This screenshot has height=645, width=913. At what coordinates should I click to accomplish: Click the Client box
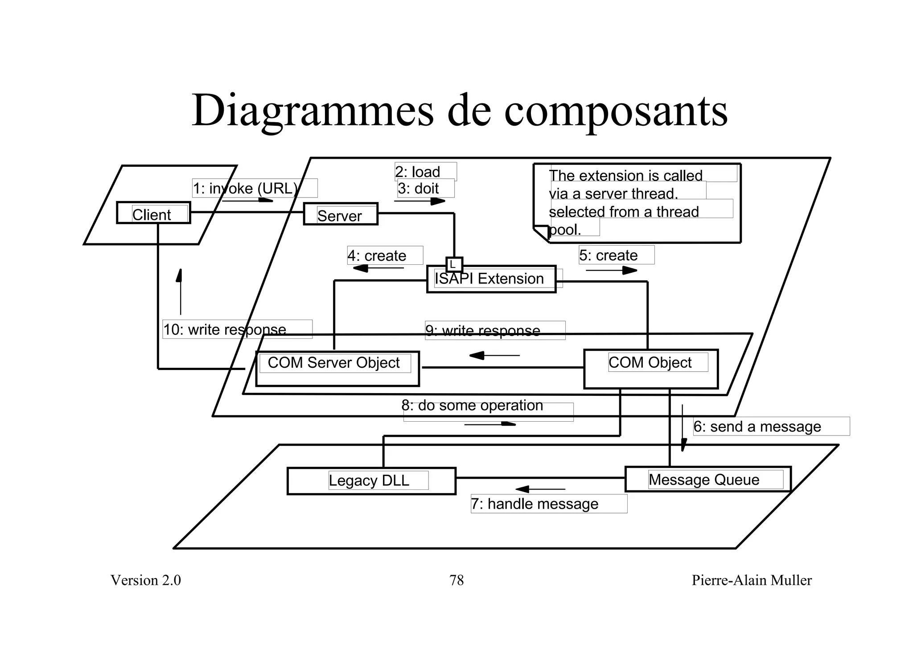tap(153, 213)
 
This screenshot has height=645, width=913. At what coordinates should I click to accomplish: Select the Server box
tap(341, 214)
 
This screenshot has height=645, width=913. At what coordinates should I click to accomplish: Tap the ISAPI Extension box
tap(491, 279)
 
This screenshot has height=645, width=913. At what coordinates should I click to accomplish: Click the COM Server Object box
tap(337, 369)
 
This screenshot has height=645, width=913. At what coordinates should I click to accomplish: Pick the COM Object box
tap(650, 369)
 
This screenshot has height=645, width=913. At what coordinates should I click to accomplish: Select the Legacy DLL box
tap(371, 481)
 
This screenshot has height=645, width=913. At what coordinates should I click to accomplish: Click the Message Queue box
tap(707, 480)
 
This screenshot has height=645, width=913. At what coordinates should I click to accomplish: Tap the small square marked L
tap(454, 265)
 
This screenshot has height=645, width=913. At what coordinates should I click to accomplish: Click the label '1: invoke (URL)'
tap(246, 189)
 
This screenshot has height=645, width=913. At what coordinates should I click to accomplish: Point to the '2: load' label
tap(418, 172)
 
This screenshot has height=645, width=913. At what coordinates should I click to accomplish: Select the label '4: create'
tap(377, 256)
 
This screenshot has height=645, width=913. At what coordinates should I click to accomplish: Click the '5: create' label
tap(609, 255)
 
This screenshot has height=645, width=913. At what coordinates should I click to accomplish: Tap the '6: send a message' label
tap(757, 427)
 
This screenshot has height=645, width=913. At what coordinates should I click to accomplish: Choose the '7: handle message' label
tap(535, 504)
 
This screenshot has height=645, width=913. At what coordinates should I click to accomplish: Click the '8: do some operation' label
tap(473, 406)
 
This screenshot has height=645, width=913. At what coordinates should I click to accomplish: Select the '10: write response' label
tap(225, 330)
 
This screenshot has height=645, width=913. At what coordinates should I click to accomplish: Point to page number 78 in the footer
tap(456, 580)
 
